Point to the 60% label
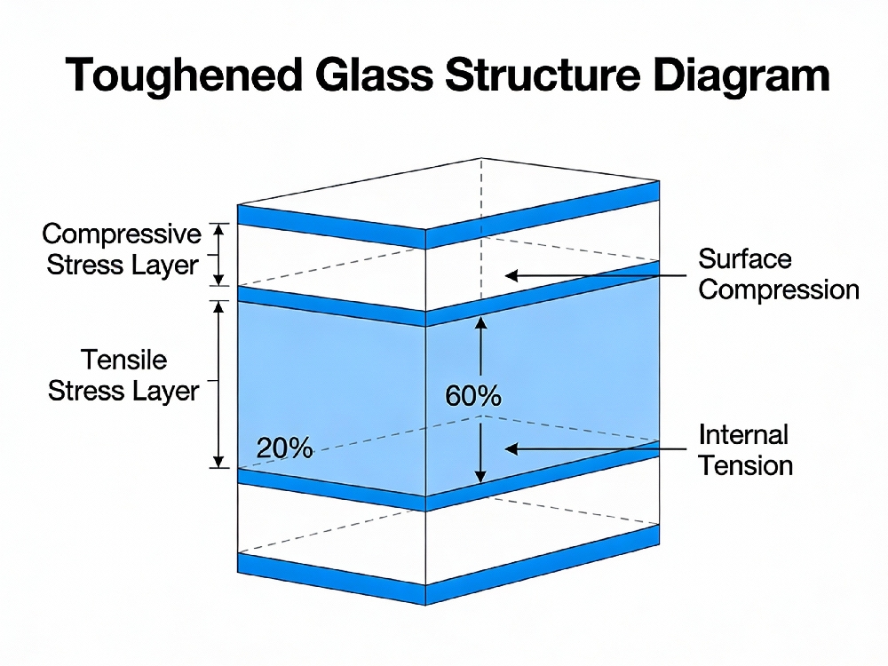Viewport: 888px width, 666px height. pyautogui.click(x=472, y=396)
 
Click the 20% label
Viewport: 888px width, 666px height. pyautogui.click(x=284, y=448)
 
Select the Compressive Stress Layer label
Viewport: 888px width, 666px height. pyautogui.click(x=123, y=250)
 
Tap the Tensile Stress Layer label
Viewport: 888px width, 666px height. pyautogui.click(x=123, y=376)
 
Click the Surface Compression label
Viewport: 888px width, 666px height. pyautogui.click(x=778, y=274)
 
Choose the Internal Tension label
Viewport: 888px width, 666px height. pyautogui.click(x=744, y=450)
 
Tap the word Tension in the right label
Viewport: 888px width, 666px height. pyautogui.click(x=745, y=465)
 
